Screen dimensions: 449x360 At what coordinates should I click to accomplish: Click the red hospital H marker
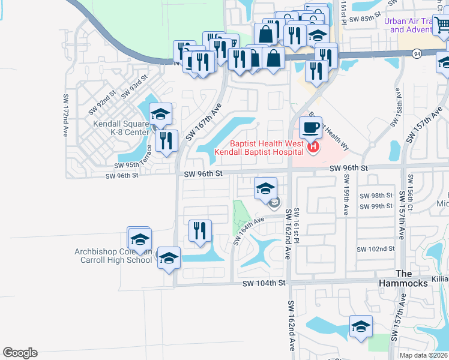[313, 146]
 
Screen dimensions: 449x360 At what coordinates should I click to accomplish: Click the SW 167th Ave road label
[203, 121]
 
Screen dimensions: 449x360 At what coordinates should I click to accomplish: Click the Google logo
[20, 353]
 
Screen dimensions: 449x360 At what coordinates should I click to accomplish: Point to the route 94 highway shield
[417, 54]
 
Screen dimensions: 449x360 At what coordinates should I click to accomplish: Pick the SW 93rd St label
[134, 86]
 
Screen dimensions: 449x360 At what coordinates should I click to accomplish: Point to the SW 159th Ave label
[346, 199]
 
